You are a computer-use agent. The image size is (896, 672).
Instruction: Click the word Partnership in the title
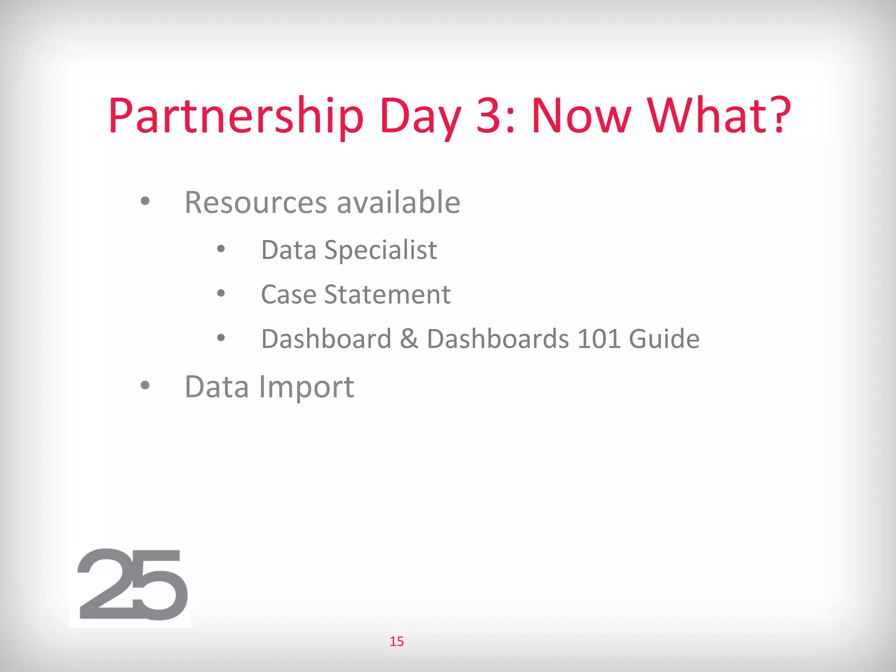(x=236, y=116)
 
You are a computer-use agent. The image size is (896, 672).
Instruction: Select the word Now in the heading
(x=581, y=115)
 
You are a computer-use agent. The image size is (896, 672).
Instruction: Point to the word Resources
(x=255, y=203)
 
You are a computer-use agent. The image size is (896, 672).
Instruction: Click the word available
(x=398, y=203)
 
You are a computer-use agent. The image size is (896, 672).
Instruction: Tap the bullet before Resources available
(x=145, y=202)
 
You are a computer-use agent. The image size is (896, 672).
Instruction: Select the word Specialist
(x=381, y=250)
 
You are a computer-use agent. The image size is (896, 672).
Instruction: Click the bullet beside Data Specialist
(x=221, y=249)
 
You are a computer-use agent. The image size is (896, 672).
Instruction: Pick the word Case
(x=288, y=294)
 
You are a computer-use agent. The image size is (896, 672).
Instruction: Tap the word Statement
(x=387, y=294)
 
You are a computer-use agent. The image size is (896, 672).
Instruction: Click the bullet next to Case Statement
(x=221, y=294)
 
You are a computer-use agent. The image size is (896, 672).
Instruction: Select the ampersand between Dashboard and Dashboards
(x=409, y=339)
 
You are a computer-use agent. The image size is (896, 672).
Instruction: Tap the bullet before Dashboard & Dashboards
(x=221, y=338)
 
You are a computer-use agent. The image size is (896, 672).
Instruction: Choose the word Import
(x=306, y=387)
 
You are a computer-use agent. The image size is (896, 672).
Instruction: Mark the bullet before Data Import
(x=145, y=386)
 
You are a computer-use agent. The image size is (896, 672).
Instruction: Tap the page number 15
(x=397, y=641)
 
